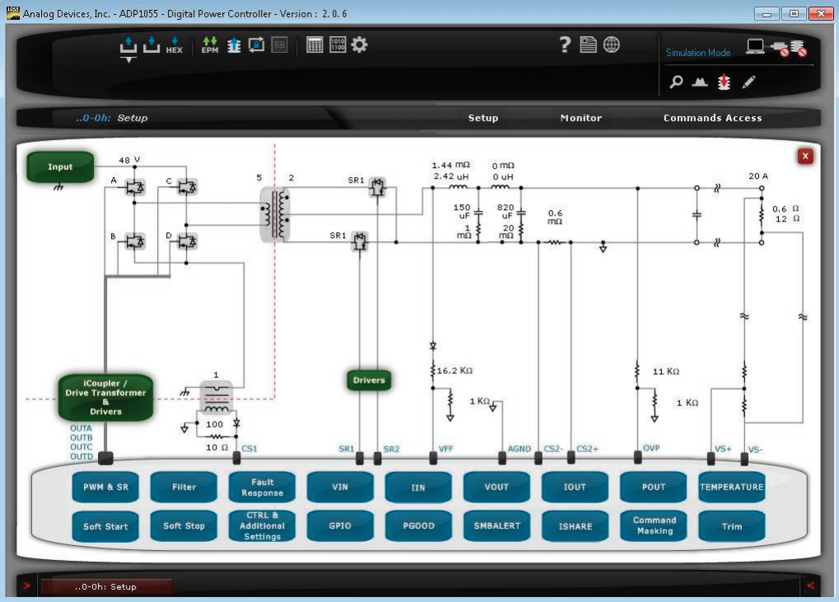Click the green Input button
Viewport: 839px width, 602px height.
click(x=60, y=166)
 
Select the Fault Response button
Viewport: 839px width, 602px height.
click(x=262, y=487)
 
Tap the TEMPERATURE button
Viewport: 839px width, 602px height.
click(x=731, y=487)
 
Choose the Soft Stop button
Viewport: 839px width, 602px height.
click(x=184, y=526)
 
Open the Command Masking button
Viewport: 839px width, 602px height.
click(x=654, y=526)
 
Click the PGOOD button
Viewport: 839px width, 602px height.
click(x=418, y=526)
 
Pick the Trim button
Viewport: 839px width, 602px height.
click(x=731, y=526)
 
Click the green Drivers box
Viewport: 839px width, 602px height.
click(x=369, y=380)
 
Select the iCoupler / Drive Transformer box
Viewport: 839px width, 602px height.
click(x=105, y=397)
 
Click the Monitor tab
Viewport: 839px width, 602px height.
click(x=581, y=118)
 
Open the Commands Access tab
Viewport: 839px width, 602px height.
click(x=713, y=118)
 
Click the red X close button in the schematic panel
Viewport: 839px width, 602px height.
click(x=805, y=156)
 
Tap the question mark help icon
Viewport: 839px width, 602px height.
click(x=565, y=44)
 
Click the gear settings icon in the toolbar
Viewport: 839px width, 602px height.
click(x=360, y=44)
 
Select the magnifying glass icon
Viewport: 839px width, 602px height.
click(x=676, y=82)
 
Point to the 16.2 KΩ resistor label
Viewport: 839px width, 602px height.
click(x=454, y=371)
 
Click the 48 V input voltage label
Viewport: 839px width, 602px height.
click(x=129, y=160)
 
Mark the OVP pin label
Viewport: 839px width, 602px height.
click(x=651, y=448)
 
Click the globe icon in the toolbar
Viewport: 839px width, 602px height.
click(x=612, y=44)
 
